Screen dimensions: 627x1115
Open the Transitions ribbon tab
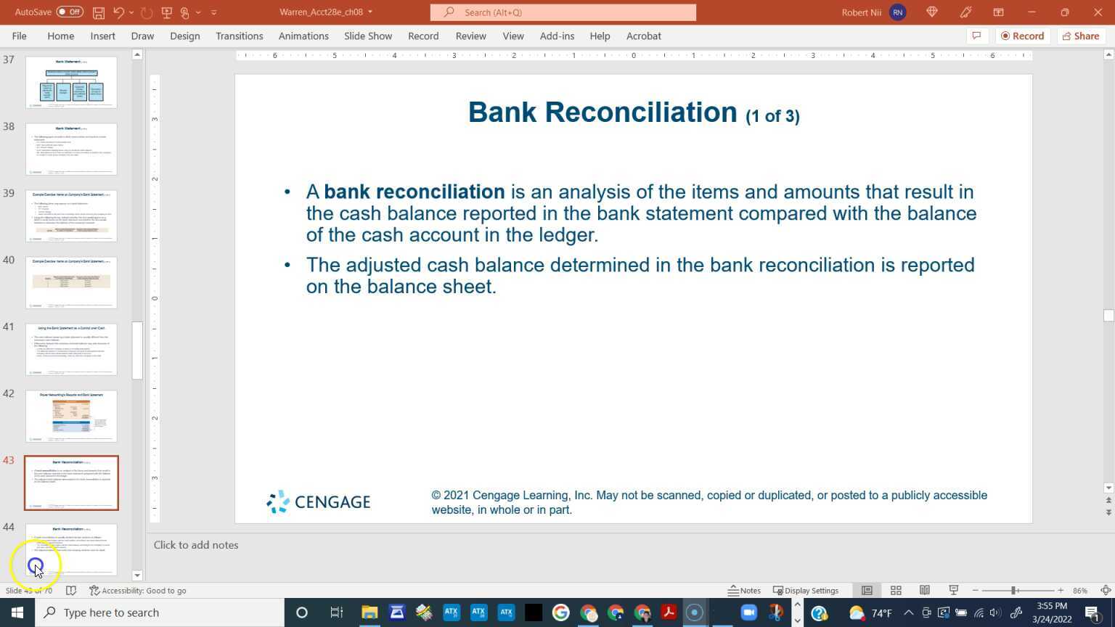239,36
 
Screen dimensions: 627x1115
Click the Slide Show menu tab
367,36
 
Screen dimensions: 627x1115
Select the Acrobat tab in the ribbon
643,36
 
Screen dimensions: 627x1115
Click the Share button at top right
1080,36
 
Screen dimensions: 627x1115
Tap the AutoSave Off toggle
70,12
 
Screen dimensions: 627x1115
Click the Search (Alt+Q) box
563,12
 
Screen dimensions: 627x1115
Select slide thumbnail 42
71,416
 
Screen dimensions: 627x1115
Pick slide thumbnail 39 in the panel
71,216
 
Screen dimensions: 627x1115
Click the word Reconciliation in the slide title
640,112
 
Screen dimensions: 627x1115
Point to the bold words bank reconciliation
414,192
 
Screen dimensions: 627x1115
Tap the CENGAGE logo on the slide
319,501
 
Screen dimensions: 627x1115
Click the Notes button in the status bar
744,590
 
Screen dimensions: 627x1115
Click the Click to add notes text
196,545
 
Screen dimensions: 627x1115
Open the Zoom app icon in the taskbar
748,612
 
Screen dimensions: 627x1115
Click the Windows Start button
17,612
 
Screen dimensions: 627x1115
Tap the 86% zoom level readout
1080,590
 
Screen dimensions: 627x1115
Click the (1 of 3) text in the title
772,116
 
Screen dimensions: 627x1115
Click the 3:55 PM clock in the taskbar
1052,606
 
